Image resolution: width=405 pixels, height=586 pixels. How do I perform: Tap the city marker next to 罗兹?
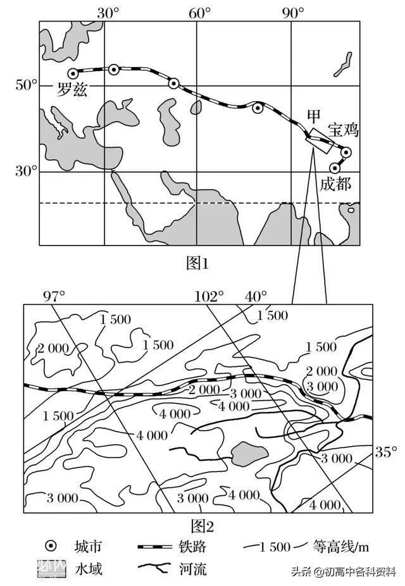tap(72, 73)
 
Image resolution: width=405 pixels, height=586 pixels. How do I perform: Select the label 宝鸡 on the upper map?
tap(344, 130)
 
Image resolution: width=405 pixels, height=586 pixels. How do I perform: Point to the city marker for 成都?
tap(335, 168)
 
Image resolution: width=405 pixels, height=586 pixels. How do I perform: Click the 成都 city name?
tap(335, 184)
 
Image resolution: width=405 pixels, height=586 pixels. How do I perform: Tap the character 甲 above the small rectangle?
tap(313, 117)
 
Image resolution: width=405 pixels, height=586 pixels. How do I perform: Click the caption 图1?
tap(197, 263)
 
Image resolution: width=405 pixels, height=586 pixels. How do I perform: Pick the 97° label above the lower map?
tap(54, 296)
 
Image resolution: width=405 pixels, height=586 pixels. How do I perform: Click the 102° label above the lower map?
tap(209, 296)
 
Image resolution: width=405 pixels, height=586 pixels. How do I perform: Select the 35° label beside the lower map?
tap(382, 452)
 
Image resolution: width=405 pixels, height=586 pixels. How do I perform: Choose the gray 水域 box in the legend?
tap(51, 568)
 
